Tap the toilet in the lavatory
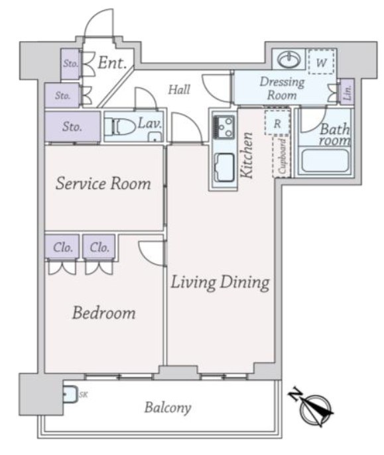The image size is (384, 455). click(120, 126)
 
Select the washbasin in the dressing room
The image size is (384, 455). click(288, 59)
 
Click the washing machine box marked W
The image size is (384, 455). click(321, 62)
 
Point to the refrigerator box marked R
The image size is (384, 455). click(277, 122)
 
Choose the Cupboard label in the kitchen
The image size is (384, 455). click(282, 157)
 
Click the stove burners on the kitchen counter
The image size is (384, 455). click(224, 126)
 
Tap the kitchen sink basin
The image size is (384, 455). click(224, 167)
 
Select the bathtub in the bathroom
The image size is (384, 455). click(325, 161)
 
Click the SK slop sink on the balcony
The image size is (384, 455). click(70, 395)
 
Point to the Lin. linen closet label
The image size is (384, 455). click(348, 92)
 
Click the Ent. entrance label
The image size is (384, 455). click(112, 63)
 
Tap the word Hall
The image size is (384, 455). click(179, 89)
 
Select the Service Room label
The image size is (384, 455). click(103, 183)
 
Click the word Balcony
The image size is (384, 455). click(168, 408)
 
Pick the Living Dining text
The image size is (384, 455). click(220, 282)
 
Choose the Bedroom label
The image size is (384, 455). click(103, 313)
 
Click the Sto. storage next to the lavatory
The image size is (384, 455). click(72, 126)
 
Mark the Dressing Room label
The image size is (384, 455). click(282, 88)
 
